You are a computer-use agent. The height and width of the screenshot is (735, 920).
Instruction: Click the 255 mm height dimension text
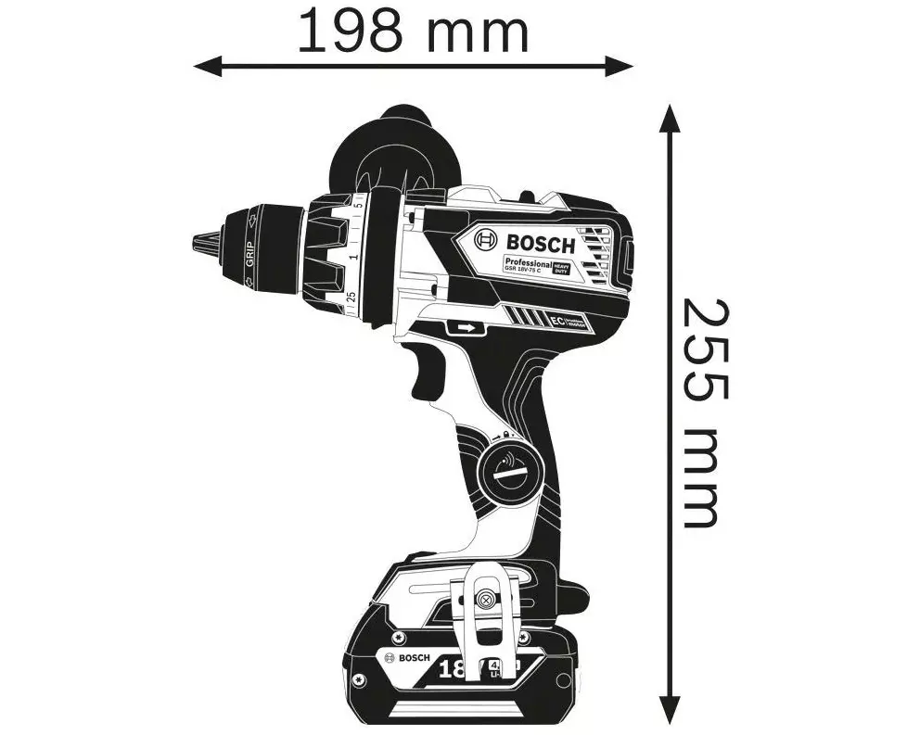click(x=702, y=413)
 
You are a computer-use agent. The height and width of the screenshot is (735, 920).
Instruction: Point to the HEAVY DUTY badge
click(x=562, y=268)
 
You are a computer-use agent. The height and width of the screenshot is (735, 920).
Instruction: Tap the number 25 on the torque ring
click(x=351, y=298)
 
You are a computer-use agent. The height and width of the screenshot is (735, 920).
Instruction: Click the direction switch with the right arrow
click(x=466, y=327)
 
